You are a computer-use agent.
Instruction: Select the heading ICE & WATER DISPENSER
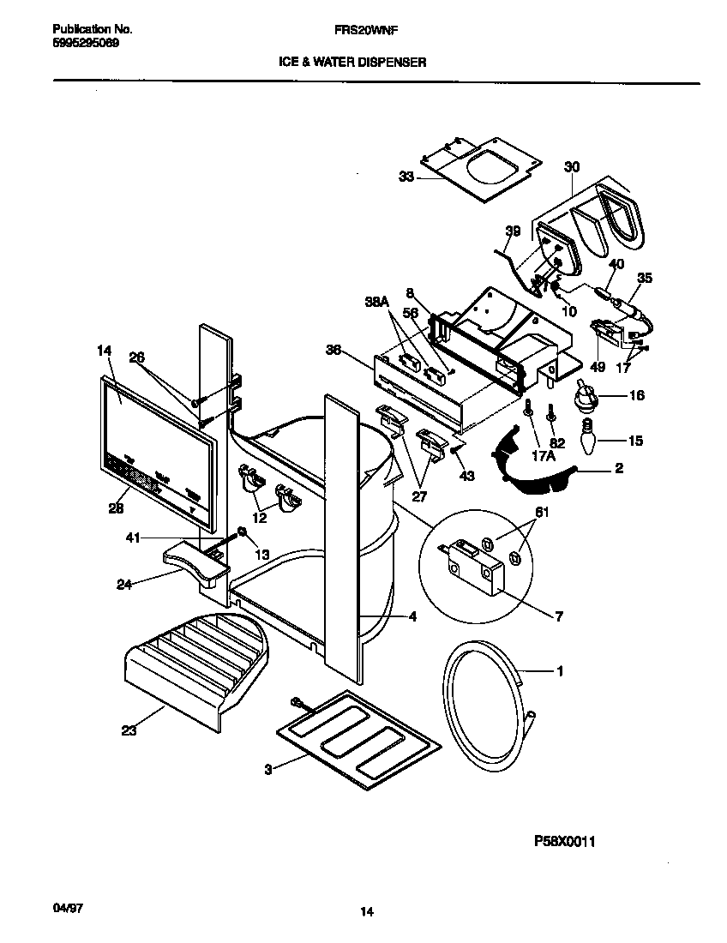click(x=352, y=62)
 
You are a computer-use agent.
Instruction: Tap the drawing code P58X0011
click(x=564, y=841)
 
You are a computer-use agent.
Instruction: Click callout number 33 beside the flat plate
click(x=406, y=177)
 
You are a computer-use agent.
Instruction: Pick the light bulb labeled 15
click(x=586, y=440)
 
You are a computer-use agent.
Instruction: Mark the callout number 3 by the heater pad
click(x=267, y=770)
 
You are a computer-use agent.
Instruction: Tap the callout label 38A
click(x=375, y=302)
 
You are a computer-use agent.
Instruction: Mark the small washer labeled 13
click(x=243, y=535)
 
